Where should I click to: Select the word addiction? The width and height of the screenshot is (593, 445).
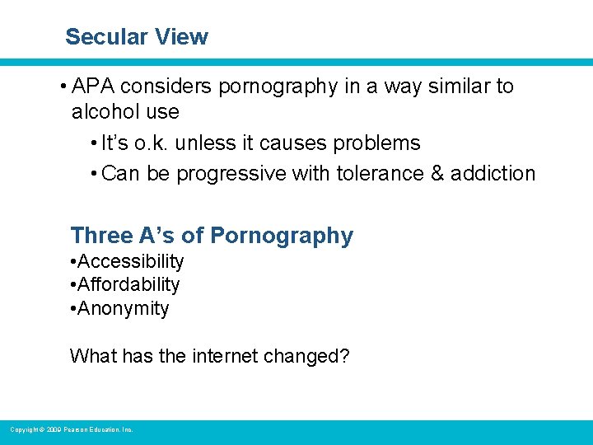(x=493, y=174)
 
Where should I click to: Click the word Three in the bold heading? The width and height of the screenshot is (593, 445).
(x=101, y=236)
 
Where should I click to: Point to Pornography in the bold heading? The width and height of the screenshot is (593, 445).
(x=282, y=236)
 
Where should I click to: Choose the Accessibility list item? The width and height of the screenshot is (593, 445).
(x=131, y=262)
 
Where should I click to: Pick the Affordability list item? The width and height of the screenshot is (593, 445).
(x=128, y=285)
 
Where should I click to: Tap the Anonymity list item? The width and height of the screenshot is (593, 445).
(x=124, y=309)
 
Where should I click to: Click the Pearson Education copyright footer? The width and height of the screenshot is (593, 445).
(x=71, y=429)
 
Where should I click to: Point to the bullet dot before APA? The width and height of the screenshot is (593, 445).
(x=63, y=87)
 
